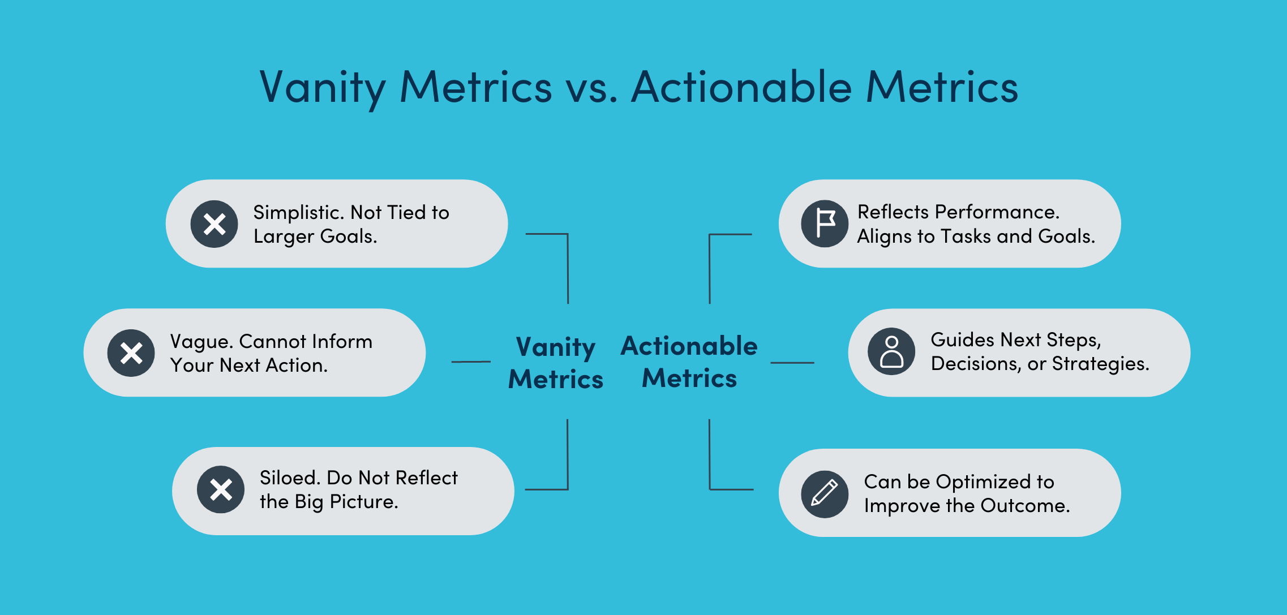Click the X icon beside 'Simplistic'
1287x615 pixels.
pyautogui.click(x=214, y=224)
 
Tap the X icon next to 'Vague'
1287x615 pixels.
pyautogui.click(x=131, y=353)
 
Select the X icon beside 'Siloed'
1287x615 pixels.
pyautogui.click(x=221, y=489)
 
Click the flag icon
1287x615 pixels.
pyautogui.click(x=825, y=223)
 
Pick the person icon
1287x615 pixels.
pyautogui.click(x=891, y=351)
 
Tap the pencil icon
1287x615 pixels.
pyautogui.click(x=825, y=494)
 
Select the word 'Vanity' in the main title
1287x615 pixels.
pyautogui.click(x=323, y=88)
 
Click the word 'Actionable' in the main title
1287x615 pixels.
pyautogui.click(x=741, y=88)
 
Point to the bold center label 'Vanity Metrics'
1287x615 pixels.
pyautogui.click(x=556, y=363)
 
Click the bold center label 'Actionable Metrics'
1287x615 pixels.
pyautogui.click(x=689, y=362)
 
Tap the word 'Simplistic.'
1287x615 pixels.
pyautogui.click(x=298, y=213)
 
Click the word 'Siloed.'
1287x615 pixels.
pyautogui.click(x=290, y=478)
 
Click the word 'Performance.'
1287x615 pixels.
pyautogui.click(x=997, y=212)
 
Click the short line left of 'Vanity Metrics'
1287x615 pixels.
pyautogui.click(x=471, y=362)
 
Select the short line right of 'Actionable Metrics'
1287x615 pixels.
pyautogui.click(x=792, y=363)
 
